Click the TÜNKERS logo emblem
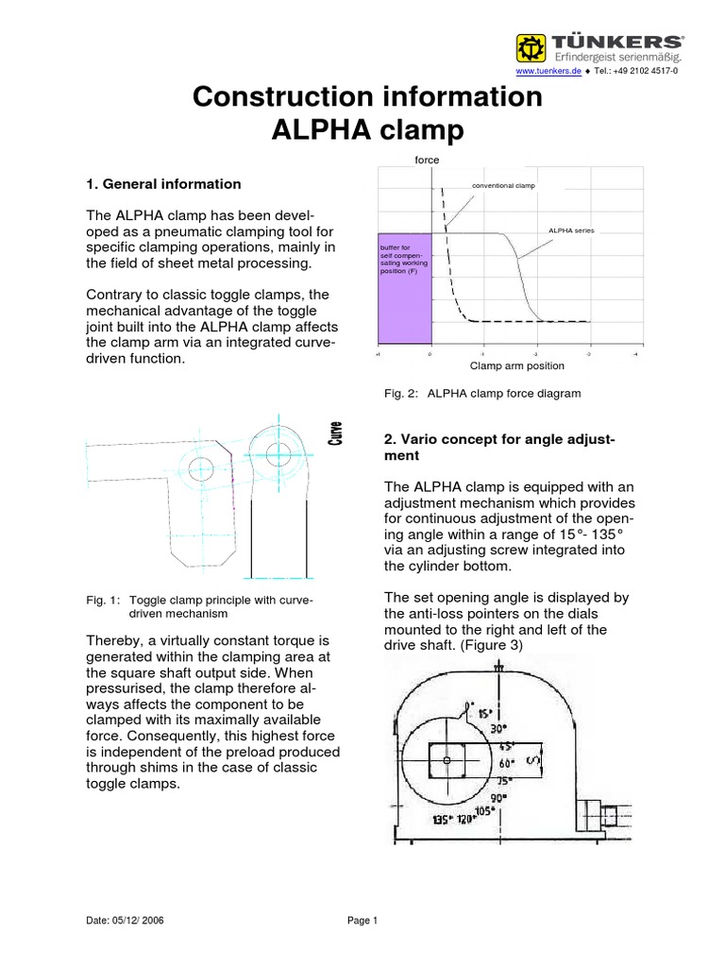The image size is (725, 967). (x=531, y=46)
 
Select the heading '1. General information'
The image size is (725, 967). (x=163, y=184)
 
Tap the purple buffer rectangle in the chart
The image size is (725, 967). (x=404, y=289)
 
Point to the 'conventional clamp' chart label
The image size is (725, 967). (x=503, y=185)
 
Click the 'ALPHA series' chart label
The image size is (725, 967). (x=571, y=229)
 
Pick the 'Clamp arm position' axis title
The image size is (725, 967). (x=517, y=365)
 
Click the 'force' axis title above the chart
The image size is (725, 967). (x=428, y=161)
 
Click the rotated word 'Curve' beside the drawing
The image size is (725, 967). (x=335, y=433)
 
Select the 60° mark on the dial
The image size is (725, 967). (x=506, y=761)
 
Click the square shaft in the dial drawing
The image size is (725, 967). (x=448, y=759)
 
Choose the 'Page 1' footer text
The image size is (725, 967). (x=362, y=922)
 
